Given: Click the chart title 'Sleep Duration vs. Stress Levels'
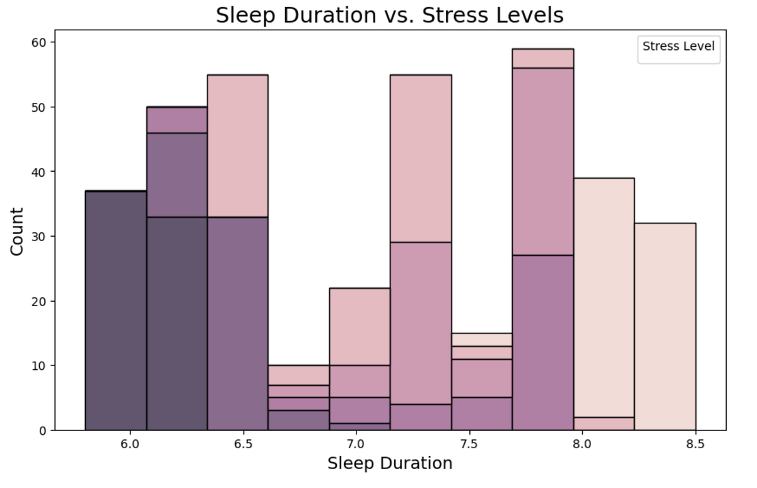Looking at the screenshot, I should [x=389, y=15].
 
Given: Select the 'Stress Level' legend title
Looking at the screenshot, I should [x=678, y=46].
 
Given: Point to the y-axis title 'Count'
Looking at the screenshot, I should [x=17, y=231].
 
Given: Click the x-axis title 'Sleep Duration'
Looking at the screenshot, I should [x=389, y=463].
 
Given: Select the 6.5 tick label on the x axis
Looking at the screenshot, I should [x=243, y=444].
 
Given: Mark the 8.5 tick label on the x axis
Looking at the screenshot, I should [x=695, y=444].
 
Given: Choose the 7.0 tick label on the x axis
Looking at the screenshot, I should [x=356, y=444].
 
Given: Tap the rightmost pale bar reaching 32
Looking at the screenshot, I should [x=665, y=326].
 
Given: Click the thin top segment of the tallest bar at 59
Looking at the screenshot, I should [x=543, y=58].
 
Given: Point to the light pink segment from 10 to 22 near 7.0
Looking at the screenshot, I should [x=360, y=326].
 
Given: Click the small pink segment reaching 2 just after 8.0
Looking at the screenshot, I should [x=604, y=424].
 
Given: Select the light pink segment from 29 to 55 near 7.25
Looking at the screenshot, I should [x=421, y=158].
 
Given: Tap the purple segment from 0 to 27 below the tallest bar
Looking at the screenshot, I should [x=543, y=343].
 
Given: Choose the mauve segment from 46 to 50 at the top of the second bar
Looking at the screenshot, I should [x=177, y=120].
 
